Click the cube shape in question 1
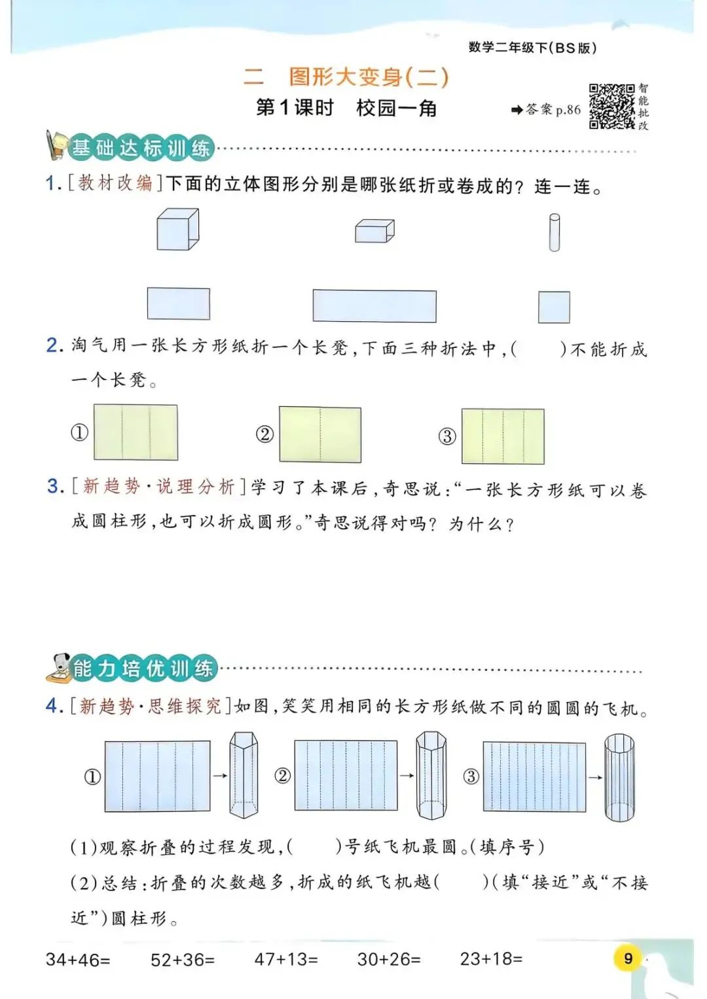(x=177, y=230)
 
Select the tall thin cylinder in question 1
(x=554, y=233)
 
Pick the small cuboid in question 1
(x=374, y=231)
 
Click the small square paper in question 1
(x=554, y=307)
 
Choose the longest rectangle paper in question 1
(x=374, y=306)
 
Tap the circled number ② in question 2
(x=264, y=434)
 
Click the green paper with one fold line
(x=320, y=434)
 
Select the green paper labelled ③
(x=503, y=436)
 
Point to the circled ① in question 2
(x=79, y=432)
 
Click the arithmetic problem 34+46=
(x=78, y=960)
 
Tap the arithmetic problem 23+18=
(x=491, y=959)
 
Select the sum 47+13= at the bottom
(x=286, y=959)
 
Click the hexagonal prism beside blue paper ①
(x=244, y=776)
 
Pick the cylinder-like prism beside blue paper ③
(x=619, y=777)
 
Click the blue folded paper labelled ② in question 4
(x=346, y=776)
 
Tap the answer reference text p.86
(x=568, y=110)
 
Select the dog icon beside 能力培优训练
(x=59, y=667)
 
